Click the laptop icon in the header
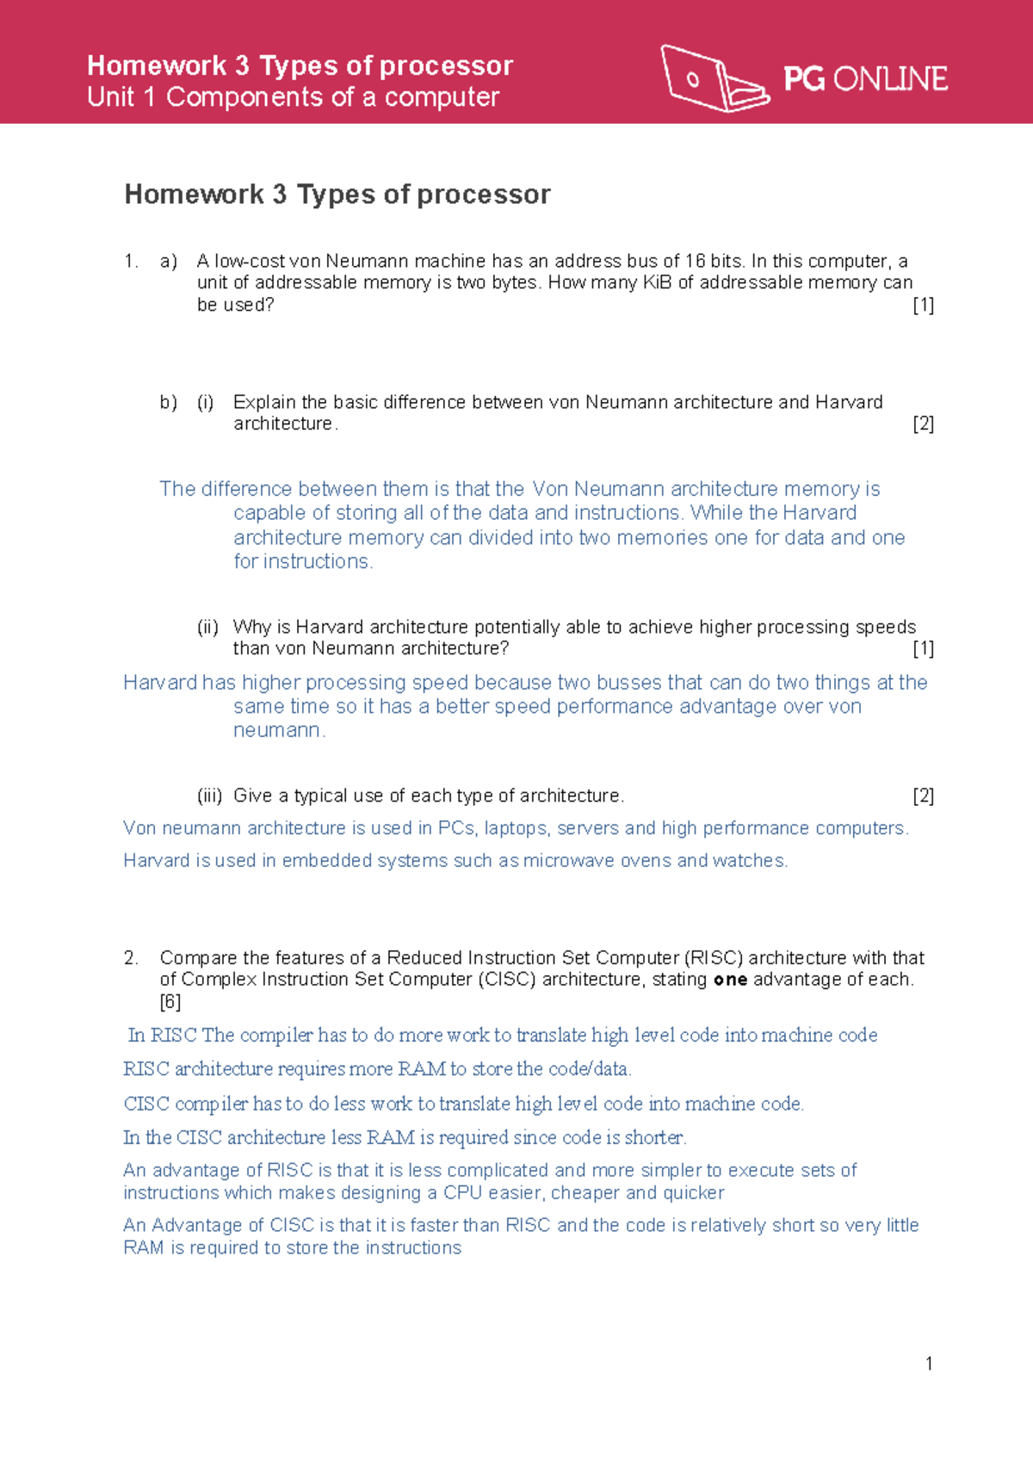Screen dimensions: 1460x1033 coord(713,78)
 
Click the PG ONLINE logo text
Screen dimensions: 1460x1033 coord(865,79)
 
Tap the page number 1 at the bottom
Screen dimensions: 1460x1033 coord(929,1364)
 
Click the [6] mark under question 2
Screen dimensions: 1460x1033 coord(170,1002)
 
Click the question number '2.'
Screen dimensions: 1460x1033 coord(131,958)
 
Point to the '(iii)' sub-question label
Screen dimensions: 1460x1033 coord(209,796)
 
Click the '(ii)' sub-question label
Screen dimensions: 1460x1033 coord(207,628)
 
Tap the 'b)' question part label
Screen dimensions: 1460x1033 coord(169,402)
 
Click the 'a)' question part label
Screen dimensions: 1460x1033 coord(169,261)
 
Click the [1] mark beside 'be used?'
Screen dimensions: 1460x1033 coord(923,305)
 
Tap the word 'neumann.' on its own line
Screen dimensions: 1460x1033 coord(279,731)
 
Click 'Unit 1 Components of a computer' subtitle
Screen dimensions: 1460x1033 coord(293,97)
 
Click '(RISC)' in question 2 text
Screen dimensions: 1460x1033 coord(714,958)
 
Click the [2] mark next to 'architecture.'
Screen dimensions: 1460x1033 coord(923,424)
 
